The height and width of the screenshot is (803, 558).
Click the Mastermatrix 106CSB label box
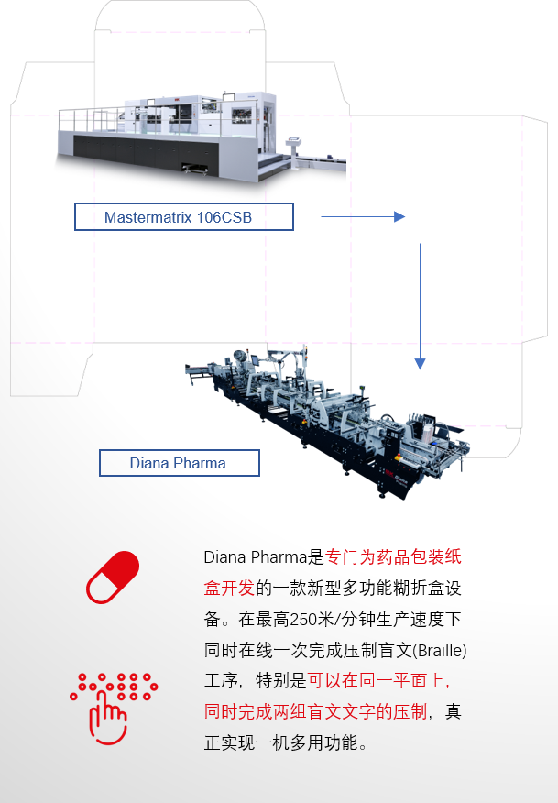click(x=183, y=217)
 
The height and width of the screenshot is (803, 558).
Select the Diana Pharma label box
click(x=179, y=463)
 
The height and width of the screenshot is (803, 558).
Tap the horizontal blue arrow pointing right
click(x=363, y=217)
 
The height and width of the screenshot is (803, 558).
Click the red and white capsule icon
click(x=112, y=577)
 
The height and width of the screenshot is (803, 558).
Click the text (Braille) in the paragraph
click(x=440, y=651)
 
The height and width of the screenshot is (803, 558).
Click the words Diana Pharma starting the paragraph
click(x=256, y=556)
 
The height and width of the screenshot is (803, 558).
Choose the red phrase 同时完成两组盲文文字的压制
click(x=315, y=712)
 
